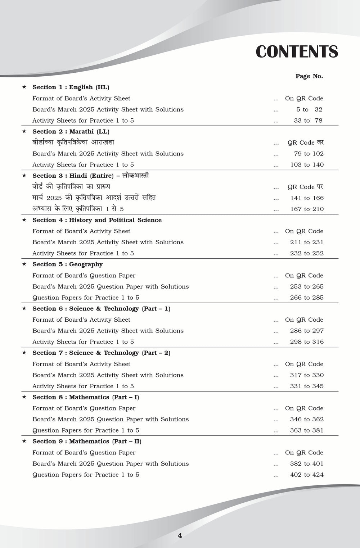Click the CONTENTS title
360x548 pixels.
(x=297, y=52)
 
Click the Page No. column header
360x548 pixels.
(x=309, y=76)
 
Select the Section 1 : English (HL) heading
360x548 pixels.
(x=71, y=87)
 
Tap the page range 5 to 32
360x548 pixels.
(x=309, y=110)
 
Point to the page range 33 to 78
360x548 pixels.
(x=308, y=121)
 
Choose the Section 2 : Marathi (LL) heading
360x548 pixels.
(x=71, y=132)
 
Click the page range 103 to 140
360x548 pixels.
(x=307, y=165)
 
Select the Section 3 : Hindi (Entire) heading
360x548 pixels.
(x=90, y=176)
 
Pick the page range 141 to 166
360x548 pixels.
(x=307, y=198)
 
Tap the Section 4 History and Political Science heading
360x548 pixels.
(x=97, y=220)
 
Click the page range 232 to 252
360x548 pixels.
(x=307, y=253)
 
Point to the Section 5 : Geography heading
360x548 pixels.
(x=67, y=264)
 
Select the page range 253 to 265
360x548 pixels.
(x=307, y=287)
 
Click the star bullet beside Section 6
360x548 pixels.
(x=24, y=308)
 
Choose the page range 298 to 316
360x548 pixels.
(x=307, y=342)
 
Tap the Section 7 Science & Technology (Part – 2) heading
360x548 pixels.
(x=101, y=353)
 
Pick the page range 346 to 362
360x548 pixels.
(x=307, y=420)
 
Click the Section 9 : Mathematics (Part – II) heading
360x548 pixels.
(x=87, y=441)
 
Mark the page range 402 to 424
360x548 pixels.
(x=307, y=475)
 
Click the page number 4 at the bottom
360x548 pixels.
(x=180, y=536)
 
